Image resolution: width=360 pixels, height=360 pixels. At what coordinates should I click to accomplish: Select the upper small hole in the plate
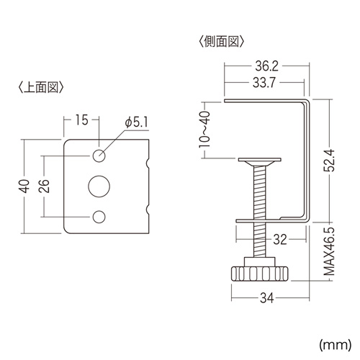99,156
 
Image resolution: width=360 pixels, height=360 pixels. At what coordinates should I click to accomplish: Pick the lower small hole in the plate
99,216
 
